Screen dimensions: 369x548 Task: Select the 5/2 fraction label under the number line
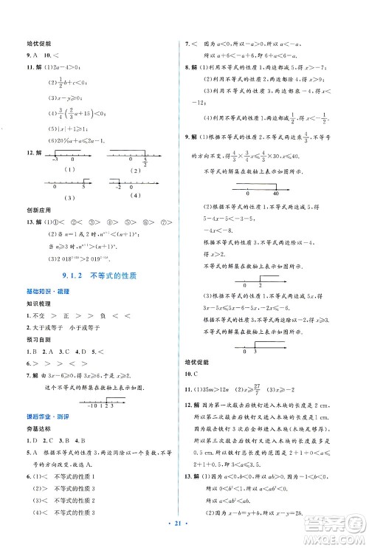click(x=147, y=162)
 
